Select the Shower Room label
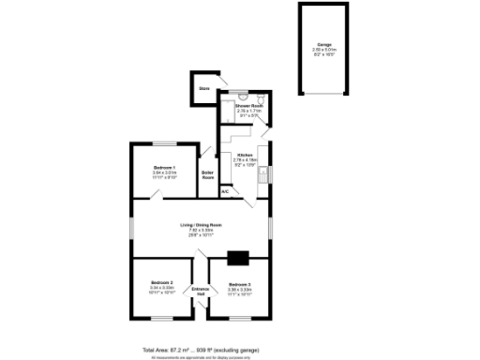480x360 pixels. coord(248,106)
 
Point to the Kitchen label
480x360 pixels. coord(245,155)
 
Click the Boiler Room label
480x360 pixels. coord(208,175)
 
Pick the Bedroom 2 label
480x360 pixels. coord(162,283)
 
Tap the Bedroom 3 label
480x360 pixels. coord(239,284)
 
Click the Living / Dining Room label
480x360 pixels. coord(202,226)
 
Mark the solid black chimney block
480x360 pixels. coord(238,259)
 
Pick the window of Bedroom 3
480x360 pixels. coord(240,319)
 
